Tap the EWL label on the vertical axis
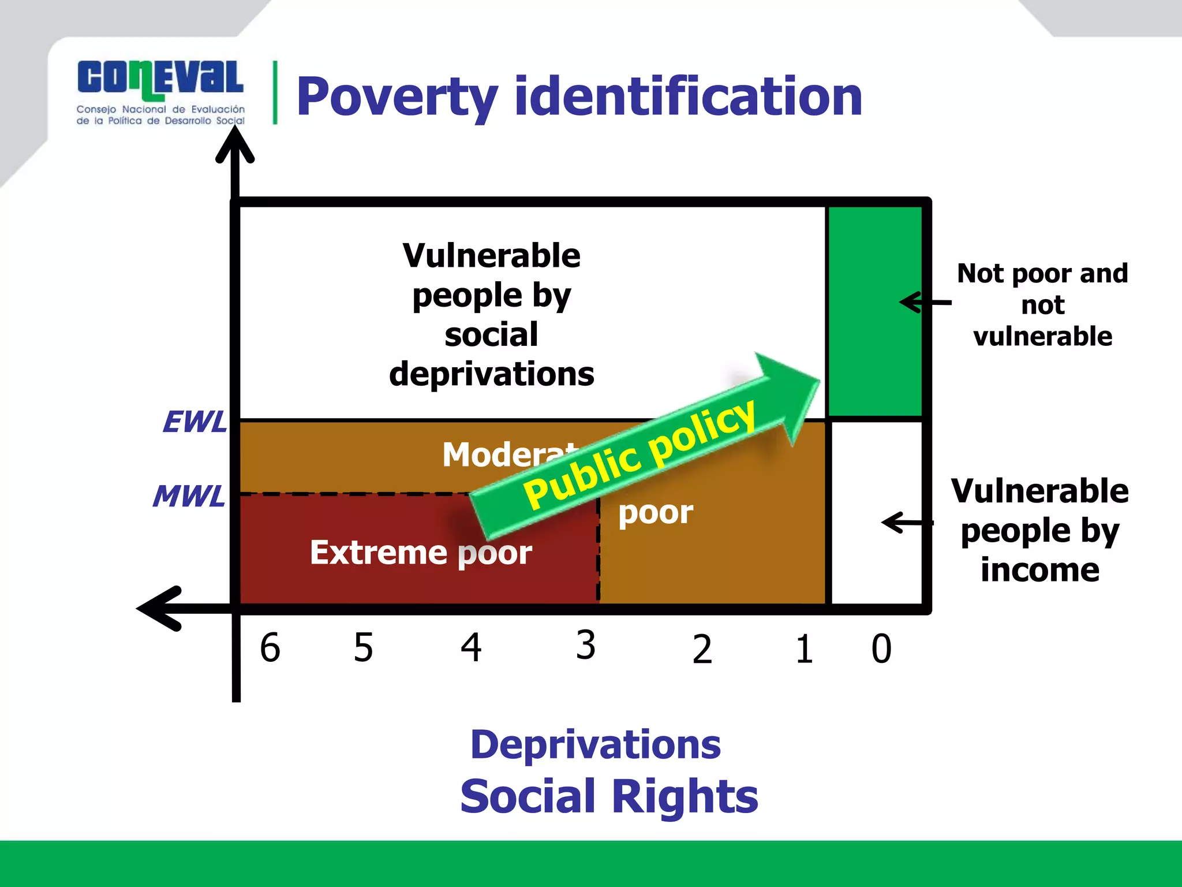pos(195,422)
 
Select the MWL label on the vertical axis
pos(189,496)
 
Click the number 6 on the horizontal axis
pos(270,647)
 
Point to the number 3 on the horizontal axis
pos(585,645)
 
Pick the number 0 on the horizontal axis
pos(881,649)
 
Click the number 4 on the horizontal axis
pos(471,647)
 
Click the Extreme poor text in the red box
pos(421,552)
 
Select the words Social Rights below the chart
pos(609,796)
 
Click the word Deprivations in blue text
pos(595,744)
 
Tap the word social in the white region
pos(491,335)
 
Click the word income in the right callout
pos(1039,570)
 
